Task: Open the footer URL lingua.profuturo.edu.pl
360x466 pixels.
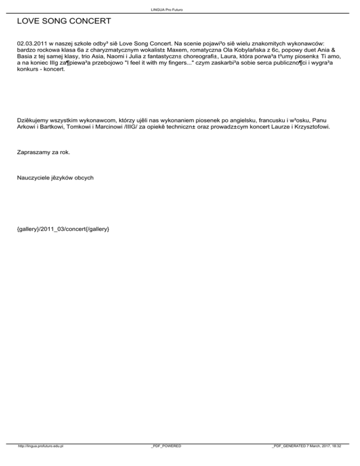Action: tap(40, 459)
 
